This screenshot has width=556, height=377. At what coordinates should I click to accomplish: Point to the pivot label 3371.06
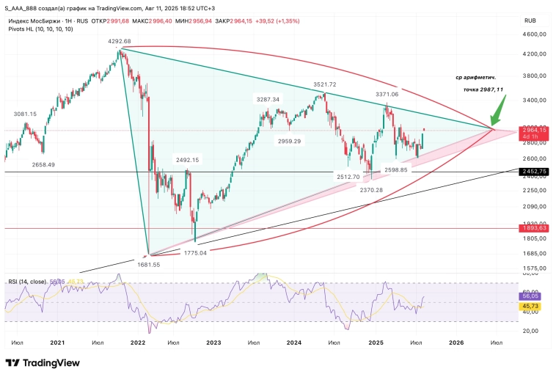387,95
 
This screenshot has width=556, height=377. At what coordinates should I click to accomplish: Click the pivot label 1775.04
195,252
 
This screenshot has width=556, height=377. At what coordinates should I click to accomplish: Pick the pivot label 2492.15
186,160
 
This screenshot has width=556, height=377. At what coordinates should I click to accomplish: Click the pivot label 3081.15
26,114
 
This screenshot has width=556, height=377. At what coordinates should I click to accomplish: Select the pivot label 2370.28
372,189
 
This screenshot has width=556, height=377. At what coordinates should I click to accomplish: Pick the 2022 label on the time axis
136,343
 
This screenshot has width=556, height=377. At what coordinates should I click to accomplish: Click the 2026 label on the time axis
456,343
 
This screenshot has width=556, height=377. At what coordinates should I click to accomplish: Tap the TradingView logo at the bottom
44,363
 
